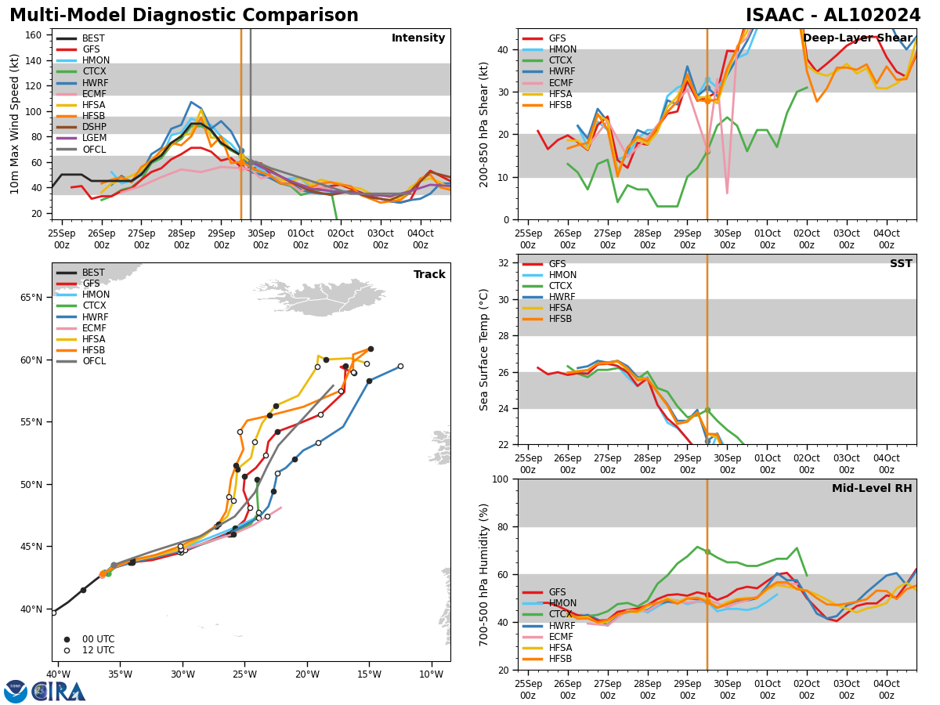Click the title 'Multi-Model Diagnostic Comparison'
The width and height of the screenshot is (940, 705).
click(x=184, y=16)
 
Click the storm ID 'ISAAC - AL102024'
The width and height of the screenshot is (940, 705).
click(x=833, y=16)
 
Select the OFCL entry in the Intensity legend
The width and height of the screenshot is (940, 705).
click(x=93, y=150)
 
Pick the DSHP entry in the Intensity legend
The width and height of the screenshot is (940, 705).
click(x=93, y=127)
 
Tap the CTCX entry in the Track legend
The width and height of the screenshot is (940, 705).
click(x=92, y=306)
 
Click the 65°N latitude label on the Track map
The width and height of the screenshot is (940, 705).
click(x=33, y=298)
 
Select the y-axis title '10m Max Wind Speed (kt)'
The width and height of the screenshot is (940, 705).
click(x=15, y=124)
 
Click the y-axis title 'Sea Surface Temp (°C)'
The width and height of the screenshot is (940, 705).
click(x=485, y=349)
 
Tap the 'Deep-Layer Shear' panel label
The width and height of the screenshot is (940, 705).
click(x=857, y=38)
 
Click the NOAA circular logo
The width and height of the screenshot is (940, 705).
click(x=16, y=692)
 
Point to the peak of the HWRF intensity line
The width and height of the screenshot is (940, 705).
click(x=190, y=102)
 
